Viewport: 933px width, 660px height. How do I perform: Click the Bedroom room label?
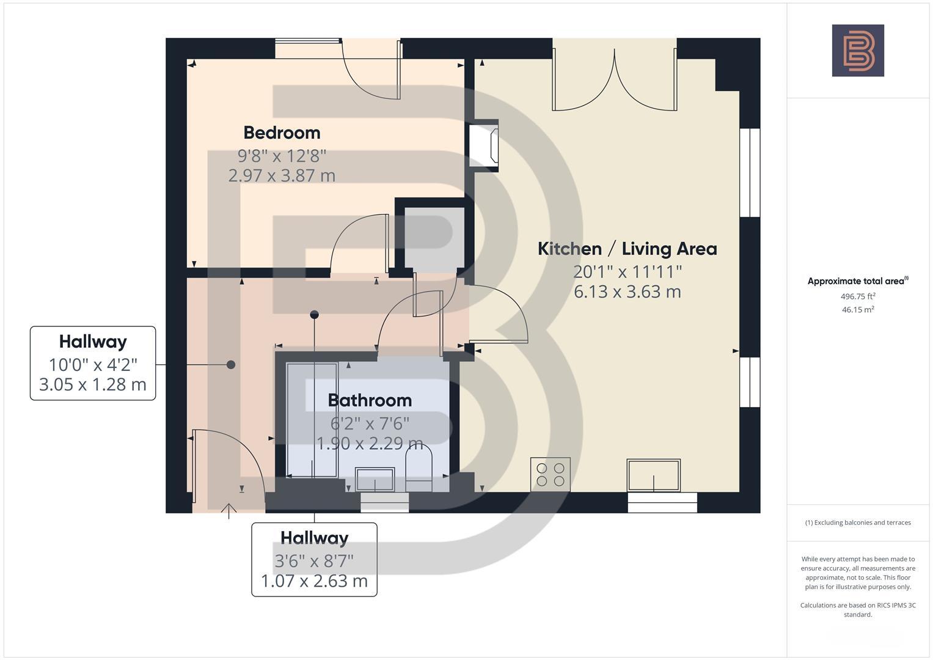[x=282, y=133]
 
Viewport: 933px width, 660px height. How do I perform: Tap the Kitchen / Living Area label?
[x=627, y=249]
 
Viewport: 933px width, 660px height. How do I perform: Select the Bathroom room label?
[x=370, y=400]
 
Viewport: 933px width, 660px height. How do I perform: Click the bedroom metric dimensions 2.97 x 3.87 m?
[x=282, y=175]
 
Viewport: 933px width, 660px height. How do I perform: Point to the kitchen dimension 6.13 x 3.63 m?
[x=627, y=291]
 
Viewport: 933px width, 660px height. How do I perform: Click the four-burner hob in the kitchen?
[x=551, y=474]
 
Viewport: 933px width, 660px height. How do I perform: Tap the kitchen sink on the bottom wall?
[x=653, y=475]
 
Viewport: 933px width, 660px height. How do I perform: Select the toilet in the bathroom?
[x=419, y=468]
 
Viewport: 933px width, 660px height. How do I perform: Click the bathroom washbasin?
[x=375, y=479]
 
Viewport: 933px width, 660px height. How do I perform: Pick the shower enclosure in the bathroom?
[x=312, y=420]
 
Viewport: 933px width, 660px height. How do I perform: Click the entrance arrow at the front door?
[x=229, y=511]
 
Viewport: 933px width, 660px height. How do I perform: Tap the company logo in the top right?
[x=858, y=51]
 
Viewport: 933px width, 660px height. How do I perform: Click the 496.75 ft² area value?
[x=858, y=296]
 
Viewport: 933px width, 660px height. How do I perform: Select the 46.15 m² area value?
[x=858, y=310]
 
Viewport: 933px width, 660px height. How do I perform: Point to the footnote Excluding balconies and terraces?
[x=858, y=522]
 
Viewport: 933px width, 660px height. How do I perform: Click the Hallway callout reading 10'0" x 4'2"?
[x=93, y=364]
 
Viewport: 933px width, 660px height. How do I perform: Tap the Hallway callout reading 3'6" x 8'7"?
[x=314, y=559]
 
